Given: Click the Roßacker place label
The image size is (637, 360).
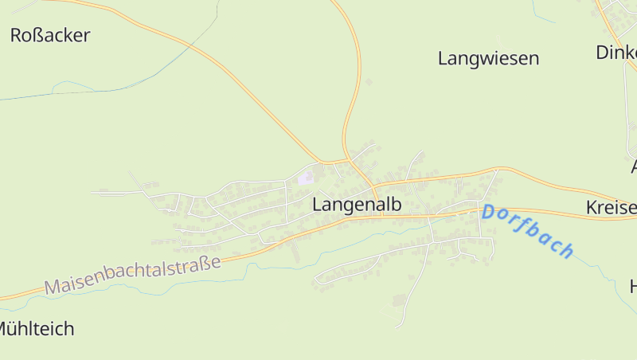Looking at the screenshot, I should point(50,35).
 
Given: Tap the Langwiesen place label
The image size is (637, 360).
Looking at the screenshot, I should point(488,58).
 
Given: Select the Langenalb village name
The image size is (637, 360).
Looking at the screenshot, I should point(357,204).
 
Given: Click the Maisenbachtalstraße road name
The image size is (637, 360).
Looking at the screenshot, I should point(133,274).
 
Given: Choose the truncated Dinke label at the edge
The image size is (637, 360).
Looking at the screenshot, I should point(616,53).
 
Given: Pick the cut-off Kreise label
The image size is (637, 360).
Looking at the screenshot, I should point(612,208).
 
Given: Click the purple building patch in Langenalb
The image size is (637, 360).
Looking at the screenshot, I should point(305,178).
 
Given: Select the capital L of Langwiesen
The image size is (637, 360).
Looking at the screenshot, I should point(444,58).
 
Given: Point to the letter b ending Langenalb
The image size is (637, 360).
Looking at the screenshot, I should point(396,204).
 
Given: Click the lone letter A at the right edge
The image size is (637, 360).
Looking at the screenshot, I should point(634,167).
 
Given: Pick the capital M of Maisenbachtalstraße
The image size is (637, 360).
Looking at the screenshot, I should point(53,287).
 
